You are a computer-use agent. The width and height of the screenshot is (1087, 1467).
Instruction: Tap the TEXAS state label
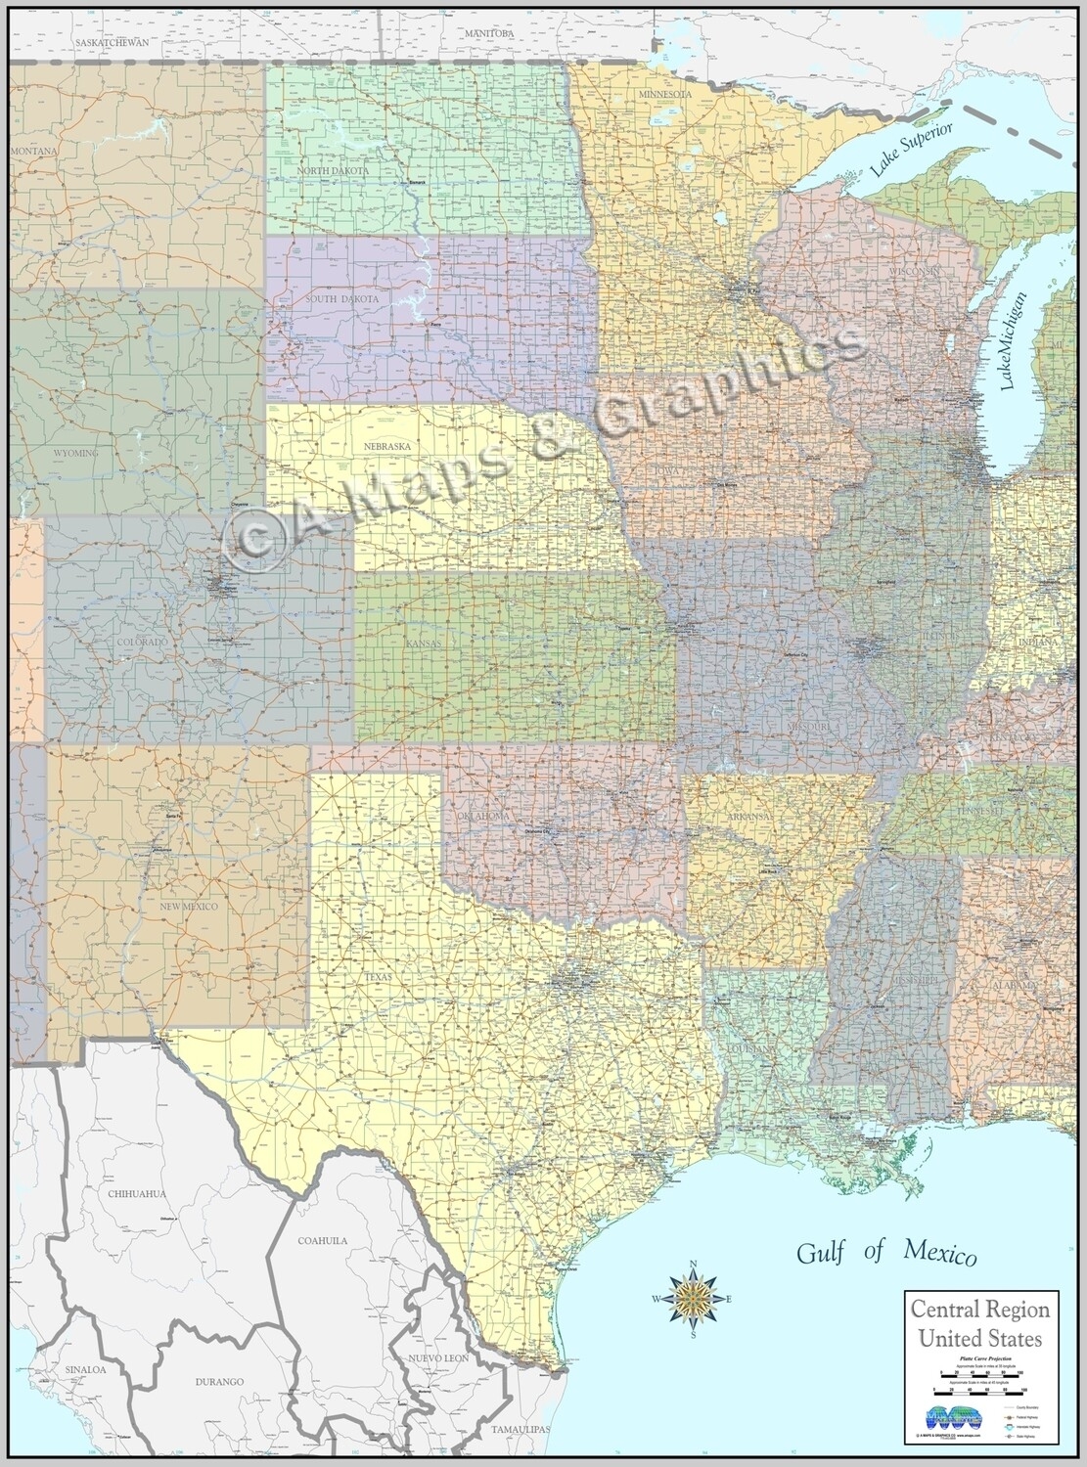pyautogui.click(x=377, y=950)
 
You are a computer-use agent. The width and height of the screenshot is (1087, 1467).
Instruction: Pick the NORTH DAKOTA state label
pyautogui.click(x=334, y=171)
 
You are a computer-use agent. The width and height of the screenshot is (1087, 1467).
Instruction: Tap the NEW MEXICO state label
pyautogui.click(x=189, y=907)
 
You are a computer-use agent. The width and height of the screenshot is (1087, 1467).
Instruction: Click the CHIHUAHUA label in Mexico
pyautogui.click(x=138, y=1194)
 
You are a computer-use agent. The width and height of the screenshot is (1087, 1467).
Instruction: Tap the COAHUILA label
pyautogui.click(x=322, y=1240)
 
